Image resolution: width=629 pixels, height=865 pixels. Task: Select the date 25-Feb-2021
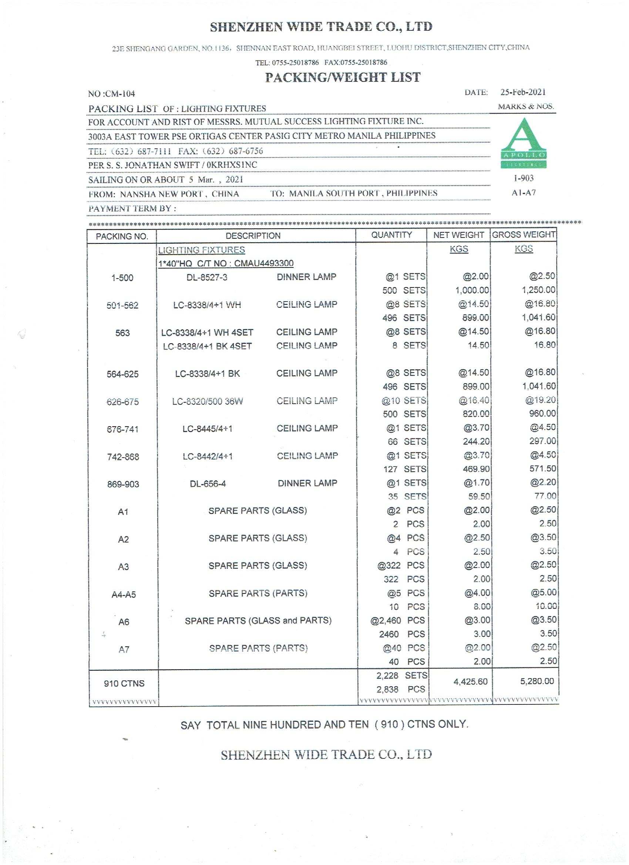[x=522, y=92]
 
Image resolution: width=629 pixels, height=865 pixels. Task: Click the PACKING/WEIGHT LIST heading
[x=343, y=77]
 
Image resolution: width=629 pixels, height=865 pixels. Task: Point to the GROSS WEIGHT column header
[x=523, y=235]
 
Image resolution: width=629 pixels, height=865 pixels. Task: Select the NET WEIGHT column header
[x=458, y=235]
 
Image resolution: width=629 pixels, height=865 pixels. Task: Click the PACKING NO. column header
[x=122, y=236]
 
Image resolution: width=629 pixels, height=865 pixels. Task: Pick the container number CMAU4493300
[x=263, y=263]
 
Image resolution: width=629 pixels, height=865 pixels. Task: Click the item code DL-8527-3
[x=207, y=277]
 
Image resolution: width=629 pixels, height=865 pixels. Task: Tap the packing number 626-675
[x=122, y=402]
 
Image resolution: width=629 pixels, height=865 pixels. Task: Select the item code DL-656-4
[x=208, y=484]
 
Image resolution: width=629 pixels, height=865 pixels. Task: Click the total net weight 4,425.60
[x=470, y=681]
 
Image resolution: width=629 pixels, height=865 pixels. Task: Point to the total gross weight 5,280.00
[x=537, y=681]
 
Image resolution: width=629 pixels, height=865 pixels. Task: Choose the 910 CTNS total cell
[x=124, y=683]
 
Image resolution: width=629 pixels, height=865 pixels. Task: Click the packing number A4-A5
[x=124, y=595]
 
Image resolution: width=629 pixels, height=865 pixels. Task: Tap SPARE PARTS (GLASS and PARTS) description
[x=258, y=620]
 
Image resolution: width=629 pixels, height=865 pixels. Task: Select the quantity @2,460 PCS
[x=397, y=620]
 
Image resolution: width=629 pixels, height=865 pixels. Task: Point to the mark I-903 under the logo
[x=523, y=178]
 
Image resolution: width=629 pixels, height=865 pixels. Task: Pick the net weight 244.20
[x=476, y=441]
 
